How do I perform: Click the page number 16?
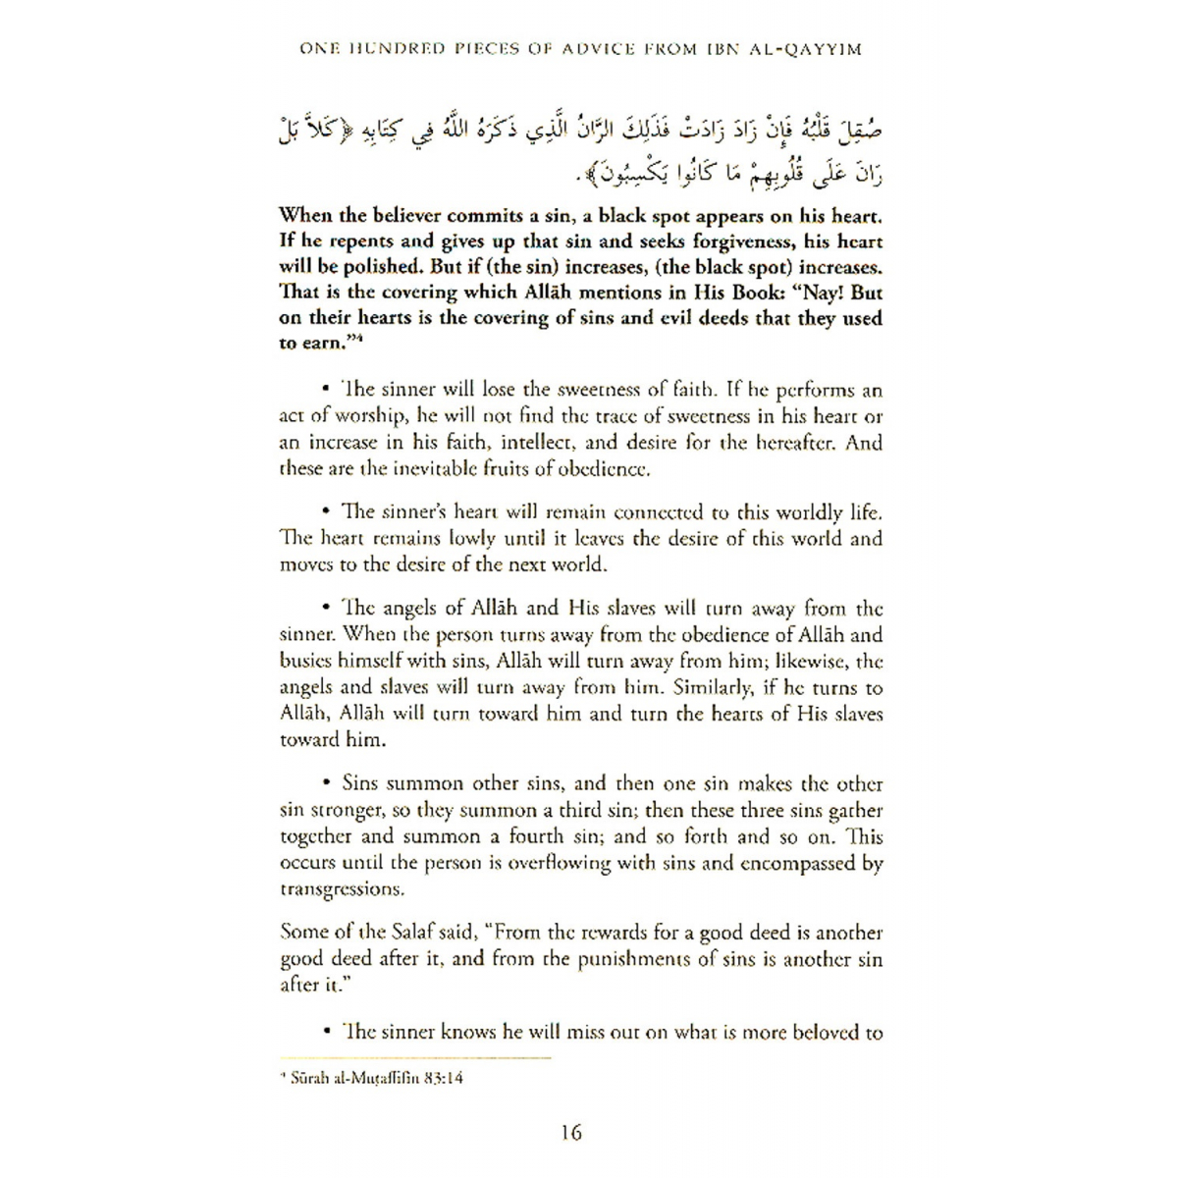(571, 1133)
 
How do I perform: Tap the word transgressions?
(343, 890)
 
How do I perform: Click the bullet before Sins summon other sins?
(325, 784)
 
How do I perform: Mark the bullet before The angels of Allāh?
(325, 609)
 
